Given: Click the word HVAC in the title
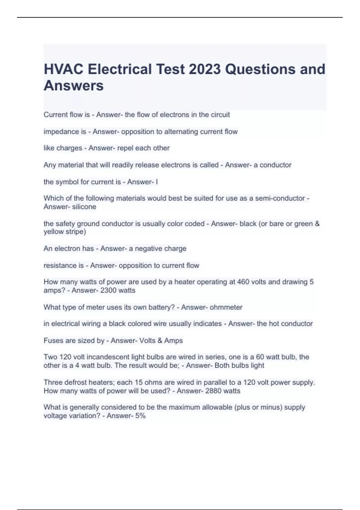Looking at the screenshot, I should pyautogui.click(x=64, y=69).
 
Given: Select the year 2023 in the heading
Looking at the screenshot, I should pyautogui.click(x=205, y=69).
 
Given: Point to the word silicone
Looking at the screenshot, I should pyautogui.click(x=84, y=207).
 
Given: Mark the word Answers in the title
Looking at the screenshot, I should pyautogui.click(x=73, y=85).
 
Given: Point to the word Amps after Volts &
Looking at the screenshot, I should pyautogui.click(x=173, y=340).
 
